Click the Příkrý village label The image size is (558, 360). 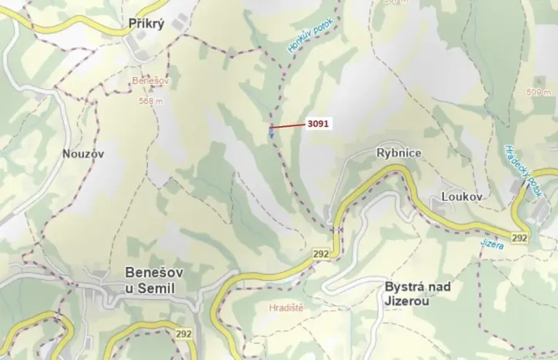point(148,24)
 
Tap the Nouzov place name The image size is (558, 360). point(82,153)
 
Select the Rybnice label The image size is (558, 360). point(398,153)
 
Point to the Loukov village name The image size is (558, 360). point(462,197)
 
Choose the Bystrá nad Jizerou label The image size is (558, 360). point(416,293)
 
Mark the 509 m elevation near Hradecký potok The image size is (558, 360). point(540,92)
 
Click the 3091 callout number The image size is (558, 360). point(317,123)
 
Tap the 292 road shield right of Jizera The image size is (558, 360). point(519,238)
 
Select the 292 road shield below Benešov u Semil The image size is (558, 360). point(184,333)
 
